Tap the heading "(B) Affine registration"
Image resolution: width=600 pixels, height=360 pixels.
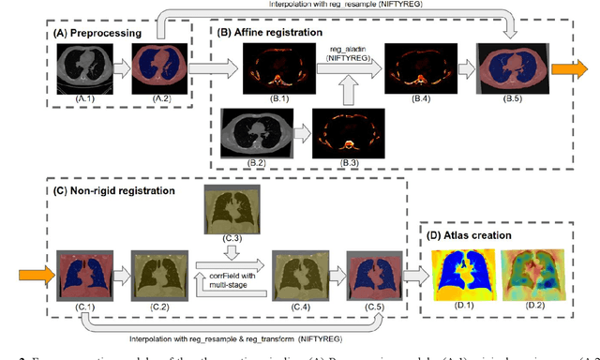pyautogui.click(x=270, y=29)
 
